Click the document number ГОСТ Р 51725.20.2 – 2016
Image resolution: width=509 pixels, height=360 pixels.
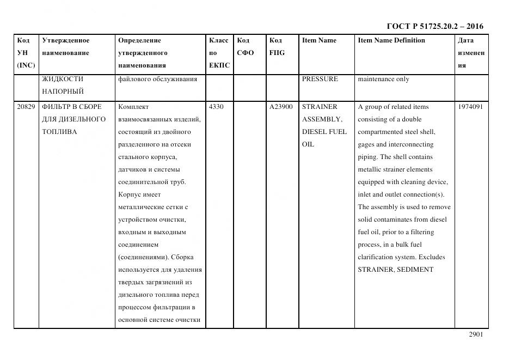[x=434, y=26]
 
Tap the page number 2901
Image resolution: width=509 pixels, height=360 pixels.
[x=476, y=334]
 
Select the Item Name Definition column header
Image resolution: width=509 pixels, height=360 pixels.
[x=391, y=40]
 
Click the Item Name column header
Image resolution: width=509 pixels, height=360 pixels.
[x=319, y=40]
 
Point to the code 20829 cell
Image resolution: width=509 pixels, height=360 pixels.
[x=26, y=107]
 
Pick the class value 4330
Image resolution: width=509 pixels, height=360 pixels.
[x=216, y=107]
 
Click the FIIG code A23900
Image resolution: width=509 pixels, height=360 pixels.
[x=281, y=107]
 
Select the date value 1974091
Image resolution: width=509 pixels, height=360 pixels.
[x=471, y=107]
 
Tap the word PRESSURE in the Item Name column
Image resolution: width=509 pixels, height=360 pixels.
[x=320, y=79]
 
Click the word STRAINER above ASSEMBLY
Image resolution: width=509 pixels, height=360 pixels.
[x=320, y=107]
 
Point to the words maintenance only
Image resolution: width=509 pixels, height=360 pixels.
[x=383, y=79]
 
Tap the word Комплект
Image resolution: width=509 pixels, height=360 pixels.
[x=133, y=107]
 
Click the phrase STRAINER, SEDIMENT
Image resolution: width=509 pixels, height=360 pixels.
[x=395, y=270]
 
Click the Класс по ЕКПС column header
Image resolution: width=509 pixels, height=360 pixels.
[x=219, y=53]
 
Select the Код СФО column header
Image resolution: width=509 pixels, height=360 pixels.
[x=246, y=47]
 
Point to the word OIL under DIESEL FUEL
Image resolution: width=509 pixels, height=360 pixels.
[x=308, y=144]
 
